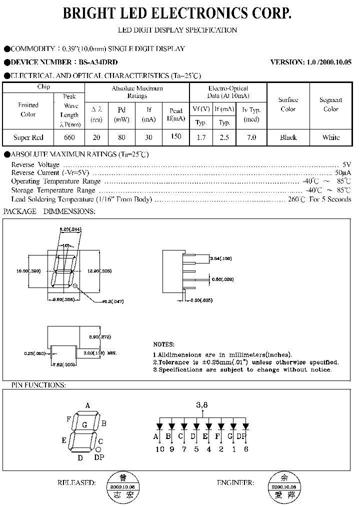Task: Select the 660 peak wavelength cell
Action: (69, 137)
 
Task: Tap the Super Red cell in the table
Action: (28, 137)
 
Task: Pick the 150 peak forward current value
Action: (176, 136)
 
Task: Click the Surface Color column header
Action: (288, 104)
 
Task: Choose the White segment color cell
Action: (331, 137)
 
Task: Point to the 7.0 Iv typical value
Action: (251, 137)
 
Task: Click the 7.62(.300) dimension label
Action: (63, 365)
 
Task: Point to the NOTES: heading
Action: (163, 344)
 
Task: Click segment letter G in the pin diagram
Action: (84, 425)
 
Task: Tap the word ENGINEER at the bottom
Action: (235, 483)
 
